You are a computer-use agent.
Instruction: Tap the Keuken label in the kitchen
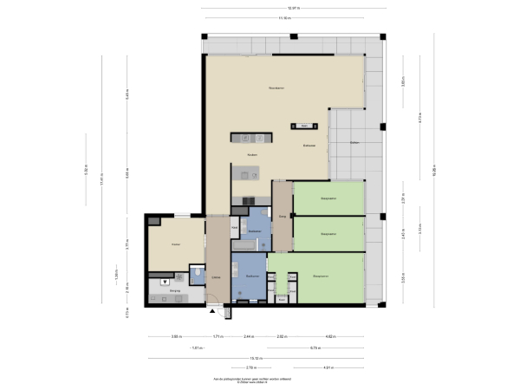pos(252,155)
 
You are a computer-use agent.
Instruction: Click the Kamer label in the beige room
pos(174,246)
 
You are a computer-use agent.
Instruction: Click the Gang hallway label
pos(283,218)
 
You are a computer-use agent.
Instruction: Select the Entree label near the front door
pos(216,277)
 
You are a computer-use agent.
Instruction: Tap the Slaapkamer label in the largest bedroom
pos(320,276)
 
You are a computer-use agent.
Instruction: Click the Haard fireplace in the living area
pos(304,126)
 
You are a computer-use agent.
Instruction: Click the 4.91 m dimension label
pos(325,367)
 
